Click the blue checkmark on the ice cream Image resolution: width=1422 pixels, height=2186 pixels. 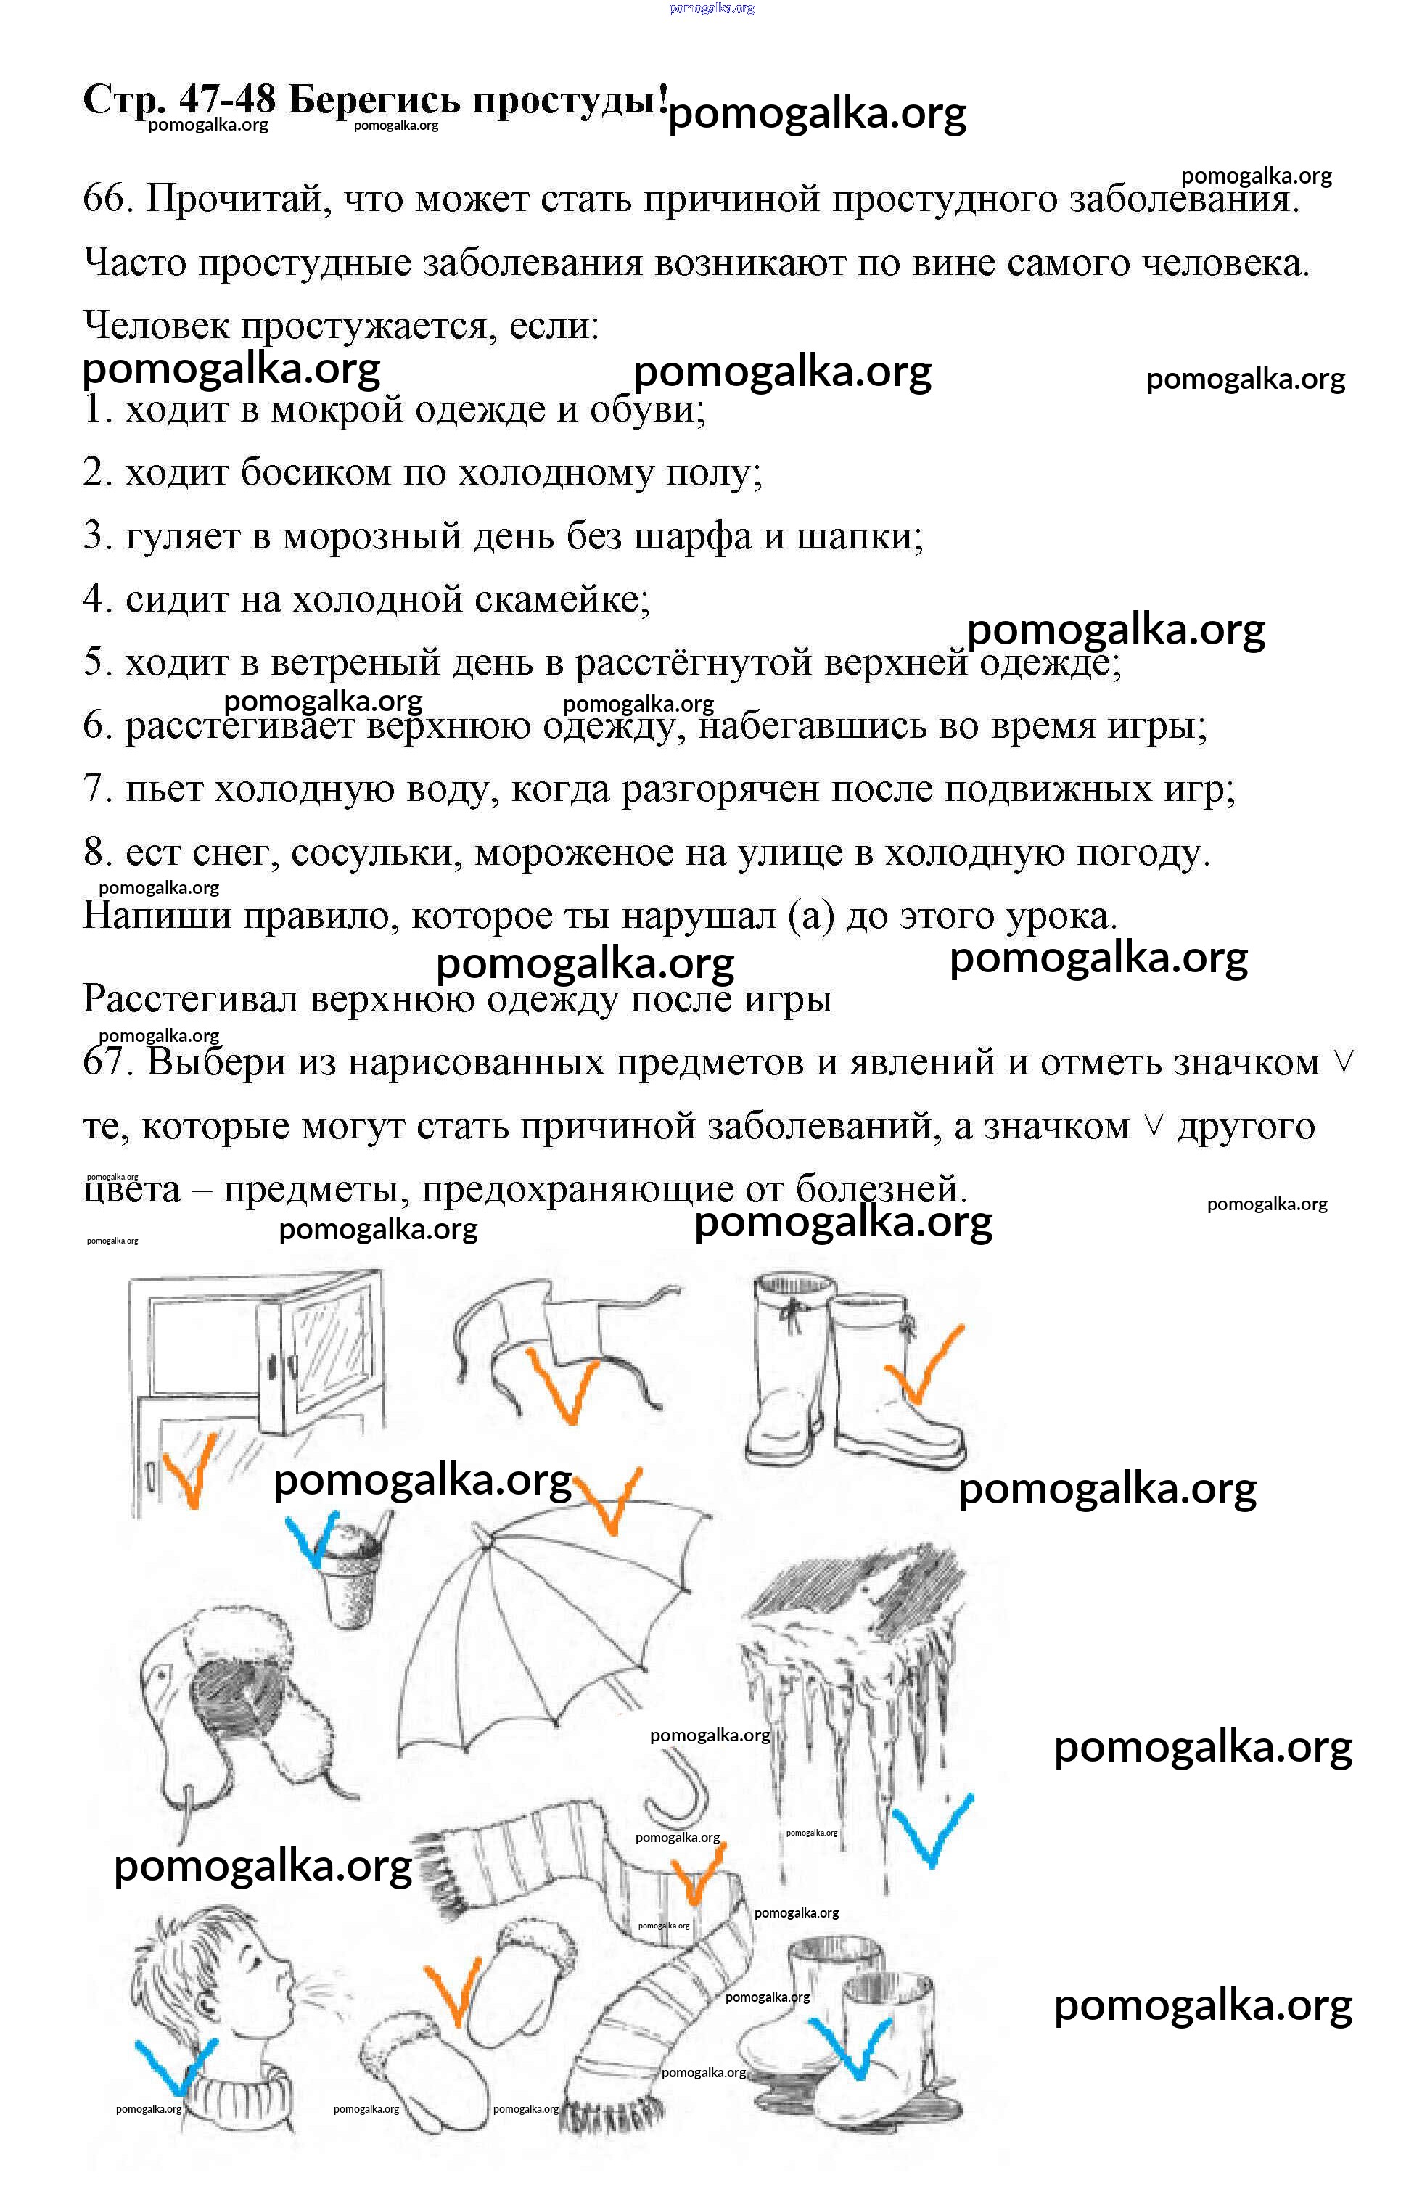coord(312,1538)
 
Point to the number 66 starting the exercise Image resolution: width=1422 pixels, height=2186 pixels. coord(103,197)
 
